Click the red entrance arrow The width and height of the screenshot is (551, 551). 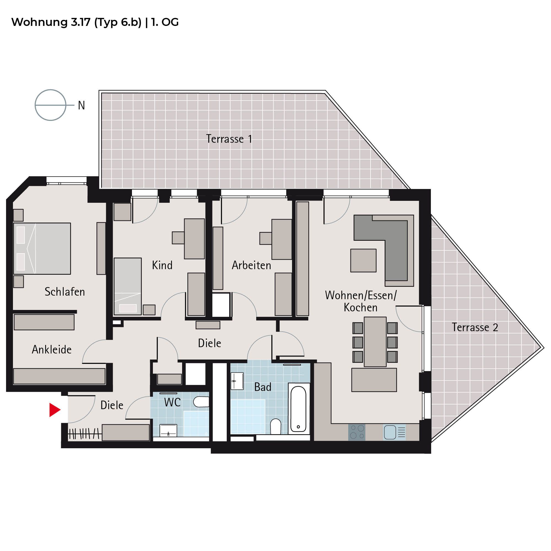[55, 410]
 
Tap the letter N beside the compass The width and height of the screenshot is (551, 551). [82, 106]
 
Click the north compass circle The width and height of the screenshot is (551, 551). [50, 105]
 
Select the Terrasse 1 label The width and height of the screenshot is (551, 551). [229, 139]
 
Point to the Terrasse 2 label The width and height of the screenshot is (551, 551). [475, 327]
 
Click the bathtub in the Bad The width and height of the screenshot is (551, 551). [298, 409]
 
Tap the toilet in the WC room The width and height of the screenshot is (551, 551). [201, 402]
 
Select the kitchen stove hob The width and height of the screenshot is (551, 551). [357, 432]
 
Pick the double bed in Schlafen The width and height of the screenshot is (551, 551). [42, 249]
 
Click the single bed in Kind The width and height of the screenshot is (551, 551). [128, 286]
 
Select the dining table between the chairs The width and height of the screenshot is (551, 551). [375, 342]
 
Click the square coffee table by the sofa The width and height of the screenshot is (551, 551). [363, 260]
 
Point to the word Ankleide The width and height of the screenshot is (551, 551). [52, 350]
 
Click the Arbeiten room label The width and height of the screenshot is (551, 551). [251, 265]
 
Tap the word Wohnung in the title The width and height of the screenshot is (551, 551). [39, 22]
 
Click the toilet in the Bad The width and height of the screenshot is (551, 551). [275, 426]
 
